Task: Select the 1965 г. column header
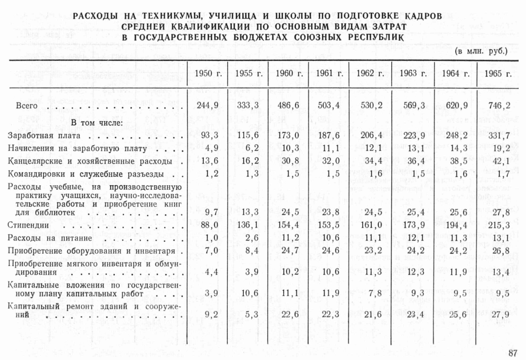497,74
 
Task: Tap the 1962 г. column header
370,74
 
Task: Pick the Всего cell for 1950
208,106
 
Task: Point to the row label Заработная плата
44,136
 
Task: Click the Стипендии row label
28,225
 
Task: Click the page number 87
512,353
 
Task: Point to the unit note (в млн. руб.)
481,51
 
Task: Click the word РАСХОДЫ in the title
95,16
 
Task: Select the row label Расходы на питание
50,238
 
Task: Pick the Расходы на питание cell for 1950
211,238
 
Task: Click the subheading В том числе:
97,123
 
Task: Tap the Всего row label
26,106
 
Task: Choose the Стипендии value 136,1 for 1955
248,225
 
